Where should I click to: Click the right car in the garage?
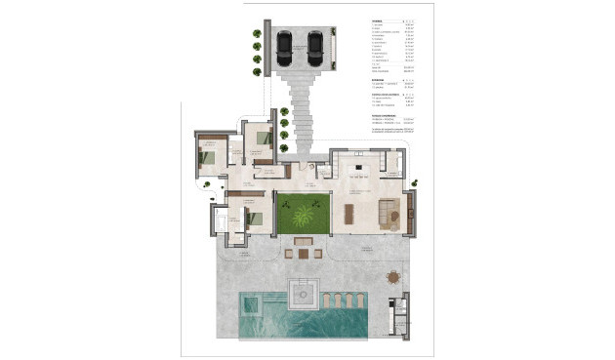coord(315,45)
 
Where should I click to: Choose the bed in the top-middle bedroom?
coord(262,139)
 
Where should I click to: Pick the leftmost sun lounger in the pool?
coord(327,299)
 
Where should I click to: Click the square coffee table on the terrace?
coord(303,254)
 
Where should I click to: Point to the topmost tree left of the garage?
coord(257,33)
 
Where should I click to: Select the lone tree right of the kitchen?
coord(414,182)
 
